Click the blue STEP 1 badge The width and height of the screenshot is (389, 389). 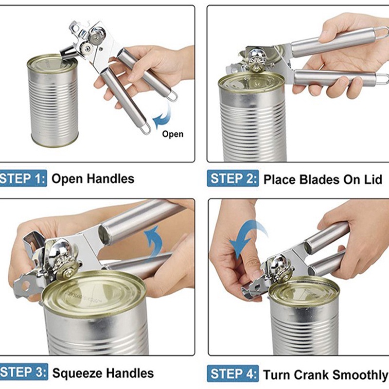tap(23, 178)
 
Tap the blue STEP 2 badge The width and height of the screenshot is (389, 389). tap(233, 178)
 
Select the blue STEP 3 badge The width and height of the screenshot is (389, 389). tap(23, 372)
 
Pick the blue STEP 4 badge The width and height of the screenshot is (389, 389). tap(233, 373)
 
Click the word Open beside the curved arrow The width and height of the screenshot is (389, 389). tap(173, 134)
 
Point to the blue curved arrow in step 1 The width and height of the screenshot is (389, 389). tap(162, 115)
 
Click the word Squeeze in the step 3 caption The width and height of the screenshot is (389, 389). tap(77, 373)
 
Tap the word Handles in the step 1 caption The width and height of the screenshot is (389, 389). tap(111, 178)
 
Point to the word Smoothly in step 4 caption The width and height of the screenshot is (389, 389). tap(360, 375)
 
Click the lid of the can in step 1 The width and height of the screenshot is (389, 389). tap(52, 63)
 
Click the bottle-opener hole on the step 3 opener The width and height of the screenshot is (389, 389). tap(26, 286)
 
